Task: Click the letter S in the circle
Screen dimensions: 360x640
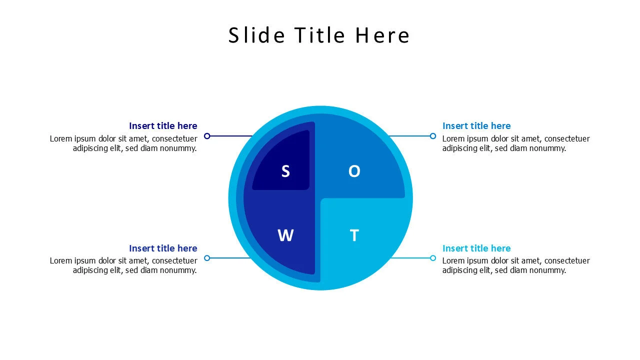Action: [285, 171]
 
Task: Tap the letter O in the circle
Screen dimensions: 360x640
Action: [354, 171]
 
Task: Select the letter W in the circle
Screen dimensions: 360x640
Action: [285, 235]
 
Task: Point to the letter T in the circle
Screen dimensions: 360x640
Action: [354, 235]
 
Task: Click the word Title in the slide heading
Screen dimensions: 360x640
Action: [320, 35]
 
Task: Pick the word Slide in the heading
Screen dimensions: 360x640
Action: [256, 35]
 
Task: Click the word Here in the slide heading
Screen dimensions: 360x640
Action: [382, 35]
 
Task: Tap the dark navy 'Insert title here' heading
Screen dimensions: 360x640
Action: [163, 126]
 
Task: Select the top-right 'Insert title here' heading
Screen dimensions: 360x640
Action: [476, 126]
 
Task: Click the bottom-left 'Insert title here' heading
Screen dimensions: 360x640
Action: [163, 248]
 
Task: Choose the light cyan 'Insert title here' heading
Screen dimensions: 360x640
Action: [476, 248]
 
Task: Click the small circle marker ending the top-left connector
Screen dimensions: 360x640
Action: [207, 136]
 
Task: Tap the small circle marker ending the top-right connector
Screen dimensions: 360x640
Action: [433, 136]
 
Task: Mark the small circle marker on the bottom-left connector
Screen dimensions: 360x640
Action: [207, 258]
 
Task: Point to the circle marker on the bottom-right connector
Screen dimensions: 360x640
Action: [433, 258]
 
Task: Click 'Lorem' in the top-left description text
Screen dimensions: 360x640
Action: [60, 138]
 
